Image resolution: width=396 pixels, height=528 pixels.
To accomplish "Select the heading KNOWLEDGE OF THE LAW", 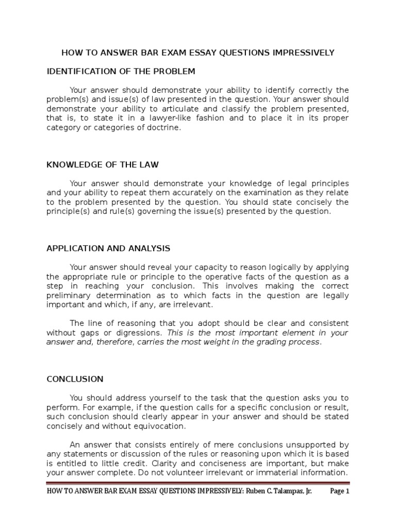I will pyautogui.click(x=103, y=164).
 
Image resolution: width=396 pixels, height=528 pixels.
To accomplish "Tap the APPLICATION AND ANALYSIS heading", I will pyautogui.click(x=108, y=248).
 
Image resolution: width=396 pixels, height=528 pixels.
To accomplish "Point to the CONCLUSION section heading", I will pyautogui.click(x=75, y=379).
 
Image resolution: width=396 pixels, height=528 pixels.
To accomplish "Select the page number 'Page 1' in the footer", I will pyautogui.click(x=340, y=491).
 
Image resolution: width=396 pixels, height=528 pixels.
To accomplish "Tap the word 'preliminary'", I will pyautogui.click(x=69, y=295).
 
